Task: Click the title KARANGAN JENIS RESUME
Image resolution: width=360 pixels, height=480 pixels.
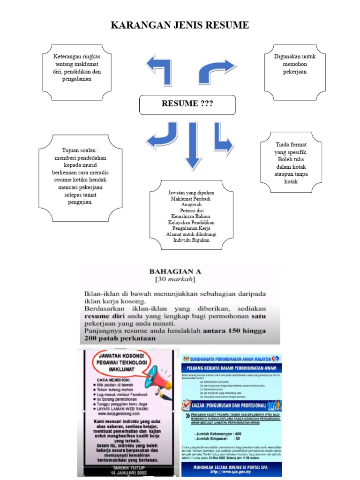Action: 180,25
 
